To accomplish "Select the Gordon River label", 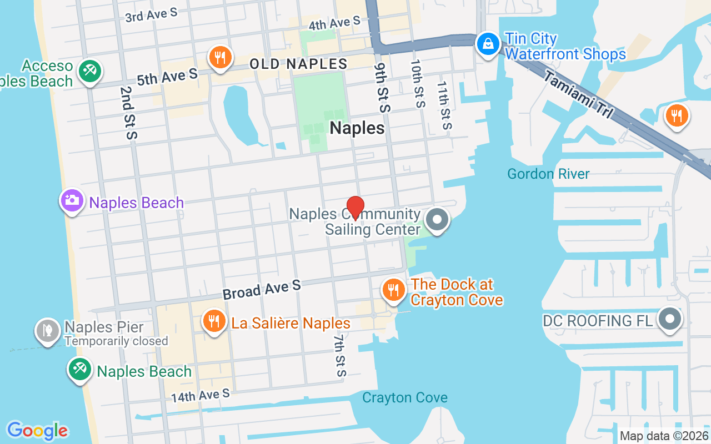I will [548, 174].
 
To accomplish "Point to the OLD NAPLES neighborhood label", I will [298, 64].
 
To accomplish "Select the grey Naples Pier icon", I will [47, 330].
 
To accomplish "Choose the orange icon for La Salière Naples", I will [213, 321].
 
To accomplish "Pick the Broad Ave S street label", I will [262, 289].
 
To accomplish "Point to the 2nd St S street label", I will [127, 113].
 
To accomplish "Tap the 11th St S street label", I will [443, 105].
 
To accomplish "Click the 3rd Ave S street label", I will [151, 15].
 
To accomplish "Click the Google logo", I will [37, 430].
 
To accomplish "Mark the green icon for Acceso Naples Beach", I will [88, 71].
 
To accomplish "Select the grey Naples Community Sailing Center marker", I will [437, 219].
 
